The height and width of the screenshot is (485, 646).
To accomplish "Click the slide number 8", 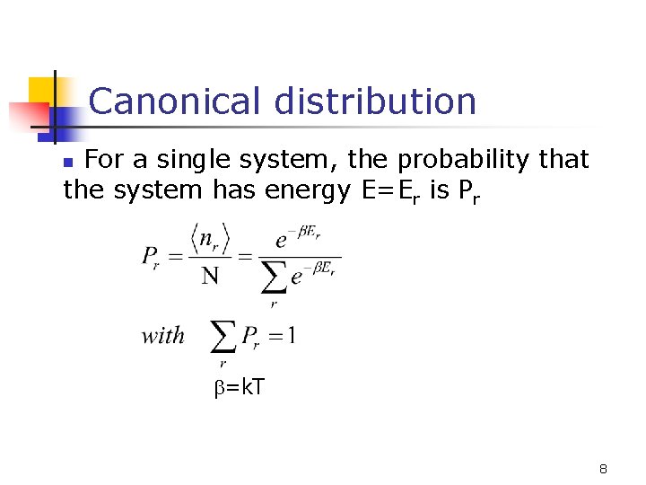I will (604, 469).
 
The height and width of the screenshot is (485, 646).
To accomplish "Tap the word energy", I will (308, 190).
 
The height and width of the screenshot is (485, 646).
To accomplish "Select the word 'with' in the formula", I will (162, 336).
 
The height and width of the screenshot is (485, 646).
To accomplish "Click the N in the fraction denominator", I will (210, 275).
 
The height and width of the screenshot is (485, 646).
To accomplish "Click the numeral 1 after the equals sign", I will (292, 336).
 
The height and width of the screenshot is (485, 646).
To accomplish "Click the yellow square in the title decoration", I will (41, 90).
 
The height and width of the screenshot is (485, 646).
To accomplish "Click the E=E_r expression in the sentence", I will (394, 190).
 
